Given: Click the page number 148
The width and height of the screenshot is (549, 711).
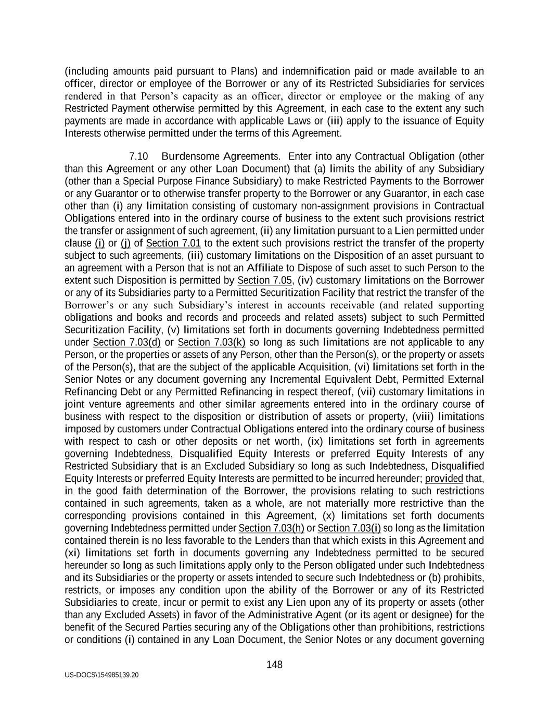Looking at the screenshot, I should tap(274, 665).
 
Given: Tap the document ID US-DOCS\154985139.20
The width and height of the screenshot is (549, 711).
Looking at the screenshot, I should tap(102, 675).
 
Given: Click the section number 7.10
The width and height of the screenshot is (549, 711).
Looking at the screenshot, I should tap(138, 156).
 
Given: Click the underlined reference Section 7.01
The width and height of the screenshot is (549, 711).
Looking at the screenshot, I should tap(173, 243).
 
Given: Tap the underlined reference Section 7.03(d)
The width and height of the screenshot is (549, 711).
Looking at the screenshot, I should tap(126, 342).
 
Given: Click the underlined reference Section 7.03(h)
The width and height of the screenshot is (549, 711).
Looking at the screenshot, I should tap(271, 528).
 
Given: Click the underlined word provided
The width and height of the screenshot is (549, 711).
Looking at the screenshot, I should tap(444, 478).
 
